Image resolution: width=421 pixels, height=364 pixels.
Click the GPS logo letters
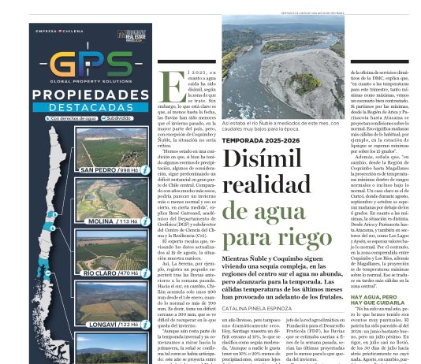point(91,65)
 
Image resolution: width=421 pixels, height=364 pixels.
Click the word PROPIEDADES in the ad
point(91,95)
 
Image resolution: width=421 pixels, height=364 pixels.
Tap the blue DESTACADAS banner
point(91,108)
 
